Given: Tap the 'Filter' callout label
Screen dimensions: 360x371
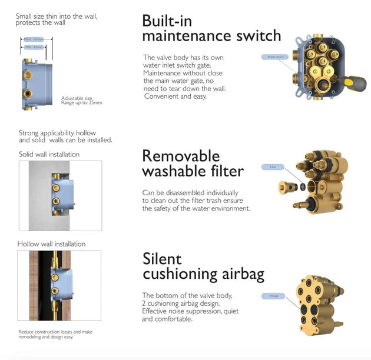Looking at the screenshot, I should coord(273,167).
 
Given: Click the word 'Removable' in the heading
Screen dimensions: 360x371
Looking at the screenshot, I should coord(181,156).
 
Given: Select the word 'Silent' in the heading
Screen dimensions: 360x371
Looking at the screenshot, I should coord(162,259).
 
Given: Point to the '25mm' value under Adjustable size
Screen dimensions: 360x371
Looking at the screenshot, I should coord(94,102).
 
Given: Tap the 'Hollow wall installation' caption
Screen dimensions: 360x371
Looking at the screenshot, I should coord(51,244).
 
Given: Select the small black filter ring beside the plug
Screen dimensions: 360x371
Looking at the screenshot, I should coord(302,186).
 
